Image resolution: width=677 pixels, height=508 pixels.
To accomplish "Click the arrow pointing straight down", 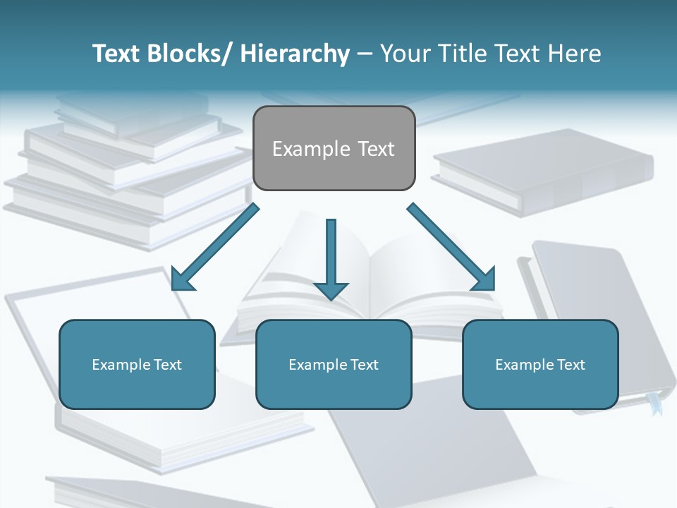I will point(331,254).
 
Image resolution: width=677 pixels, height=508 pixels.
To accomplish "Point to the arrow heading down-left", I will point(215,247).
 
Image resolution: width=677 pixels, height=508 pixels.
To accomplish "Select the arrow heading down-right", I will point(451,247).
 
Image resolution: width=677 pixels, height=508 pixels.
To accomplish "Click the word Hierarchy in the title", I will point(295,54).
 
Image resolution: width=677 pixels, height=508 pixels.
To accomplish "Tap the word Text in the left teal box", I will point(168,365).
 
